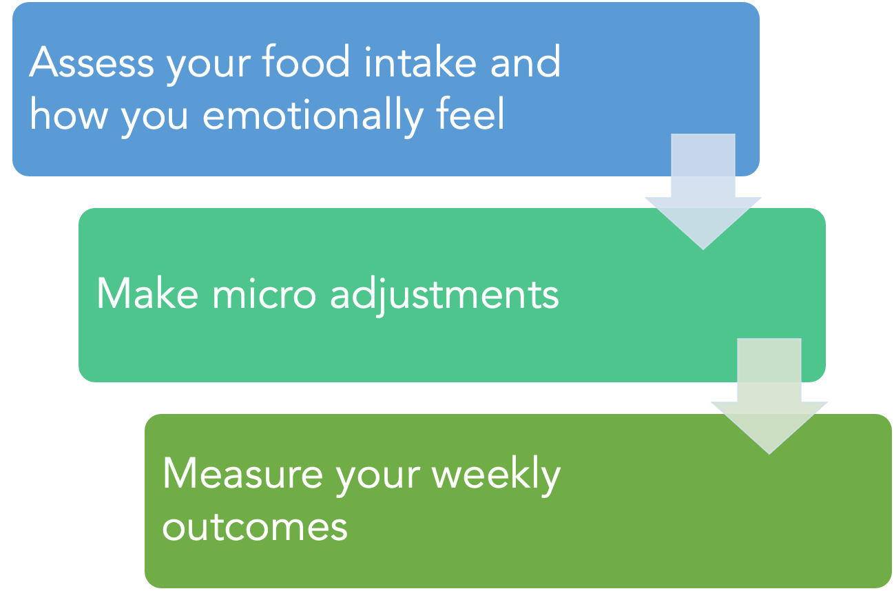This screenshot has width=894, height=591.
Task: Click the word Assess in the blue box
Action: pos(92,62)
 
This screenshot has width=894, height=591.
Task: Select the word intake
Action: pos(420,61)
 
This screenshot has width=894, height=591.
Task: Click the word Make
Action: pos(147,293)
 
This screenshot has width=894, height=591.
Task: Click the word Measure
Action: pos(242,474)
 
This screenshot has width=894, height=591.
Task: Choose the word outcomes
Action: pos(255,528)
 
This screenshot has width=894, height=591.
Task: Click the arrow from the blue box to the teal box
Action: pos(703,192)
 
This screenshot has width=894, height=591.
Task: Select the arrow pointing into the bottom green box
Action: pos(769,396)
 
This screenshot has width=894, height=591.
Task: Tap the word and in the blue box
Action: pos(526,61)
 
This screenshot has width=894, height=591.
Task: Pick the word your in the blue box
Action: pos(208,67)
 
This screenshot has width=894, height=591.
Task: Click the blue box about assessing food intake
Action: pos(386,89)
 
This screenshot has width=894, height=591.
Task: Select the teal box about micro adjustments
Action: pos(452,295)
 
